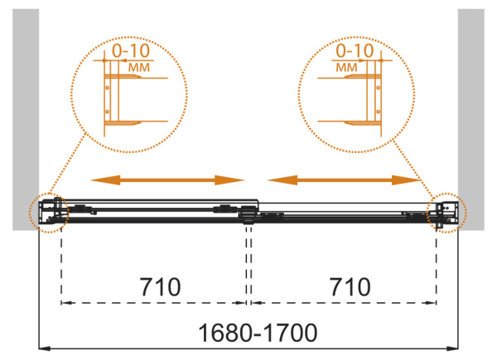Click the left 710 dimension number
pos(161,287)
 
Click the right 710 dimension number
pos(350,287)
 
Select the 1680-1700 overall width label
pos(258,333)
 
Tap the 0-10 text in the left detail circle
pos(131,50)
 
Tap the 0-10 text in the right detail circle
pos(355,50)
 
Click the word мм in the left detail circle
pos(139,67)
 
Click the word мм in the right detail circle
pos(346,67)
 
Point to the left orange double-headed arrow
pos(167,180)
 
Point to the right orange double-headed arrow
pos(344,180)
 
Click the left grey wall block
pos(26,119)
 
